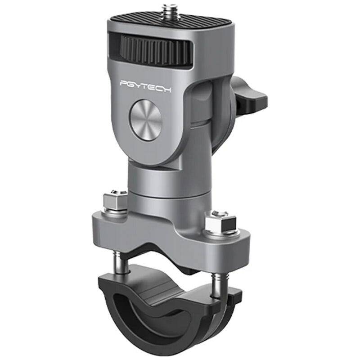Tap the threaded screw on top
click(x=169, y=9)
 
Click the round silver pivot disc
click(x=145, y=121)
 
